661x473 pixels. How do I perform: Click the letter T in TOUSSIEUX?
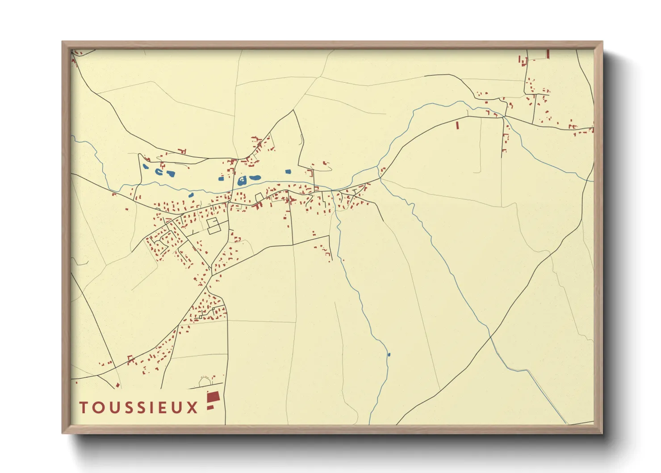click(x=84, y=407)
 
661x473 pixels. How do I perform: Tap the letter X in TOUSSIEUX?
click(x=192, y=407)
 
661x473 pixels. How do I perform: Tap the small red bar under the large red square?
click(x=210, y=407)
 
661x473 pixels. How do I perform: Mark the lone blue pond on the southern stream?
click(x=389, y=355)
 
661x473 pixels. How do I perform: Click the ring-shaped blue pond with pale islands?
click(x=242, y=181)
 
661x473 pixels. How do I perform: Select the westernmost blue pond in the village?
click(x=146, y=168)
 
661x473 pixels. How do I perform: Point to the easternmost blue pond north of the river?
click(x=288, y=171)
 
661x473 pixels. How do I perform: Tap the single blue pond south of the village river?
click(x=191, y=195)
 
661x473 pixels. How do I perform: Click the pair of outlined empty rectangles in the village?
click(x=214, y=225)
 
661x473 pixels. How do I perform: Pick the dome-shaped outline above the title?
click(x=205, y=381)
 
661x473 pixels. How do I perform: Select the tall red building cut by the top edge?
click(x=548, y=54)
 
